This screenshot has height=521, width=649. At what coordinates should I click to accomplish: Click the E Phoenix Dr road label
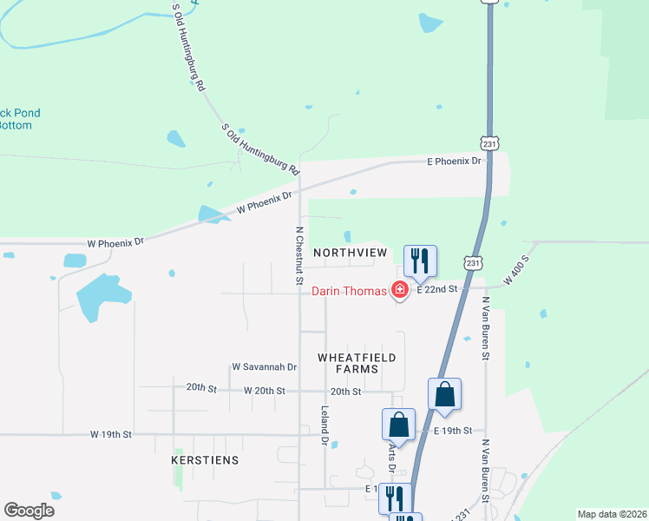tap(454, 162)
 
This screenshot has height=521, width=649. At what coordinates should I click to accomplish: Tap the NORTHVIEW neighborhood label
tap(350, 252)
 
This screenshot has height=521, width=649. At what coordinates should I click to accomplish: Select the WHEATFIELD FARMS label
tap(357, 363)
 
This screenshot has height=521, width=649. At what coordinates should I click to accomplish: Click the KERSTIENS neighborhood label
tap(206, 459)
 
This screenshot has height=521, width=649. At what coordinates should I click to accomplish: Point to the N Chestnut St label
tap(298, 256)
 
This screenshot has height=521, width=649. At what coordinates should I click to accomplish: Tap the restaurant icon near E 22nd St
tap(420, 261)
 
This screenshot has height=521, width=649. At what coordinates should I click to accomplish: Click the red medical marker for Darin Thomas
tap(400, 290)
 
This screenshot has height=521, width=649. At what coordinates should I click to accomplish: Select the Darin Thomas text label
tap(349, 292)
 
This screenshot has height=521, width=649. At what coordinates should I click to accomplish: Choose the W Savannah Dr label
tap(265, 367)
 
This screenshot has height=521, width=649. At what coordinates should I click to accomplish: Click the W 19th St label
tap(110, 433)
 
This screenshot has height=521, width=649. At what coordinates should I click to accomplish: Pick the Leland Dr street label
tap(324, 425)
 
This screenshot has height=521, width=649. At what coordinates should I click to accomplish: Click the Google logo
tap(29, 511)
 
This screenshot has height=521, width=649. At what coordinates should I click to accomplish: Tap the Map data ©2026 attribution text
tap(611, 514)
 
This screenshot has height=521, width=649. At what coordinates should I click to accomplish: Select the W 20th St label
tap(265, 392)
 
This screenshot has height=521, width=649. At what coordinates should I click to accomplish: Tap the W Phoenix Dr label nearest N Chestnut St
tap(264, 205)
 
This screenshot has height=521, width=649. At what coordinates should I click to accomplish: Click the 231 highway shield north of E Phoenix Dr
tap(490, 142)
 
